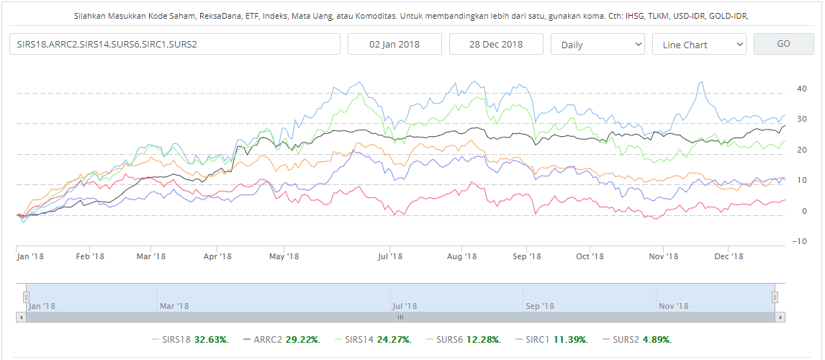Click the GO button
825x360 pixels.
click(x=783, y=44)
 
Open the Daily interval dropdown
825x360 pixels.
click(x=598, y=44)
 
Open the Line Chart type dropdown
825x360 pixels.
click(x=699, y=44)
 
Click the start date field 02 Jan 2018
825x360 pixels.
click(x=395, y=44)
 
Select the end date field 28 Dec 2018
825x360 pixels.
click(x=496, y=44)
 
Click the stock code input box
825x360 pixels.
click(x=175, y=44)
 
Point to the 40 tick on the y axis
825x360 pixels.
click(x=801, y=89)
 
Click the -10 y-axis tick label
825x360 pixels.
click(x=799, y=241)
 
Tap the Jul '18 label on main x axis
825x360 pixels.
click(x=390, y=256)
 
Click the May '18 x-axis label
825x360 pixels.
click(x=284, y=256)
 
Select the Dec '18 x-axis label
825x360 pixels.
click(x=729, y=256)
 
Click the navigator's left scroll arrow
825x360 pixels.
click(x=21, y=317)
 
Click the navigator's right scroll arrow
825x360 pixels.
click(x=780, y=317)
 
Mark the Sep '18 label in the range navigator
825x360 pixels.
click(x=540, y=306)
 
